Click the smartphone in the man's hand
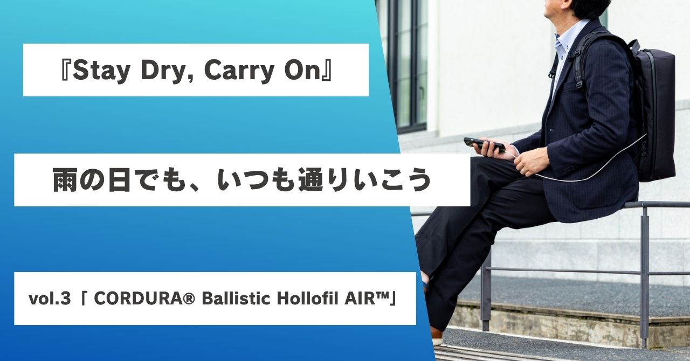tap(485, 144)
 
